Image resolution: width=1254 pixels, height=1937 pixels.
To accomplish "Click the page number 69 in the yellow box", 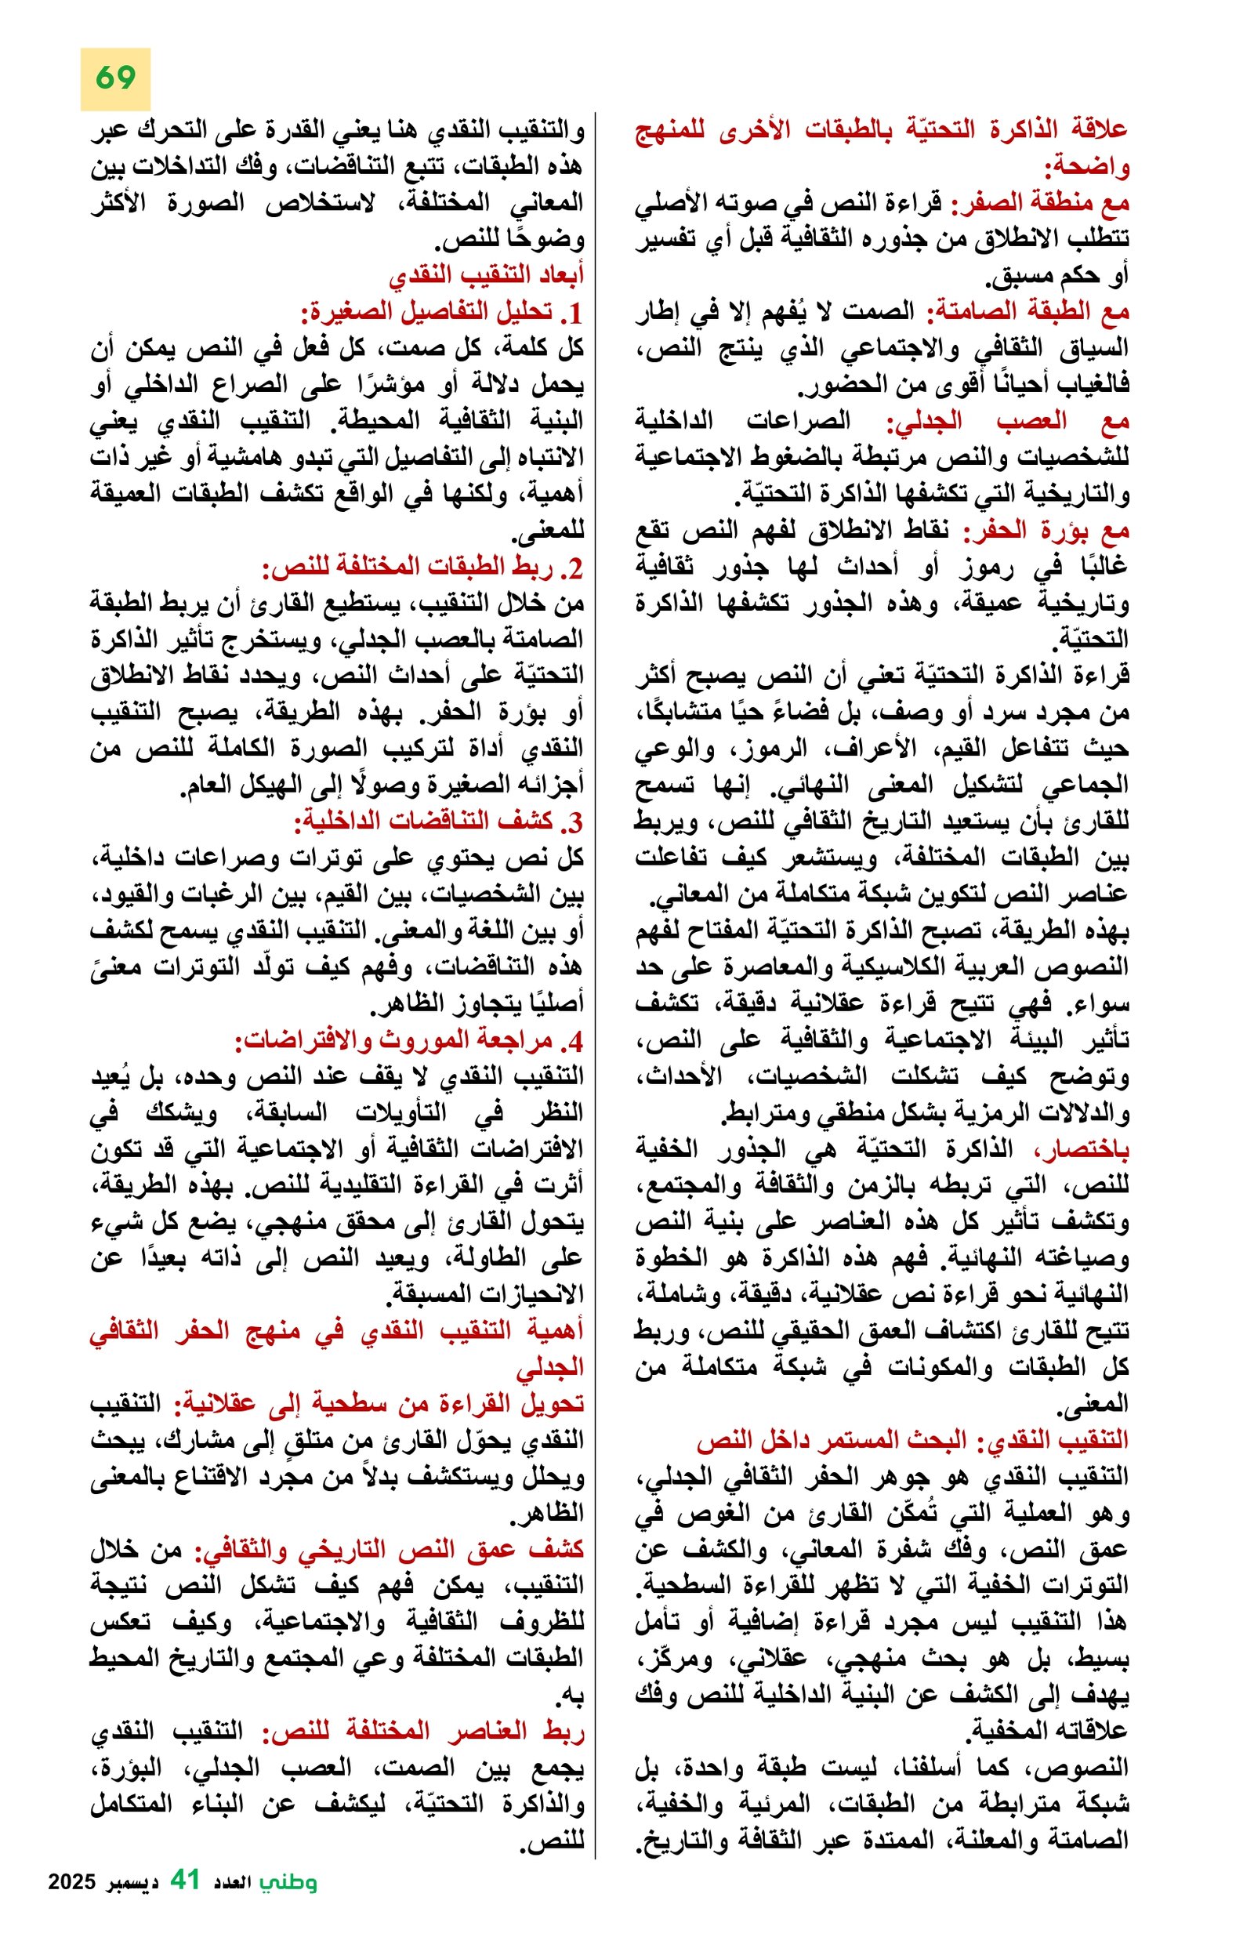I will [x=114, y=78].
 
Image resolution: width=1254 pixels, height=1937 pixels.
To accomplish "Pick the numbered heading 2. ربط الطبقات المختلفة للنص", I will [x=423, y=568].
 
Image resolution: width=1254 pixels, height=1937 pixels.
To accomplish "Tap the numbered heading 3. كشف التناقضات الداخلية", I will [x=440, y=823].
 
